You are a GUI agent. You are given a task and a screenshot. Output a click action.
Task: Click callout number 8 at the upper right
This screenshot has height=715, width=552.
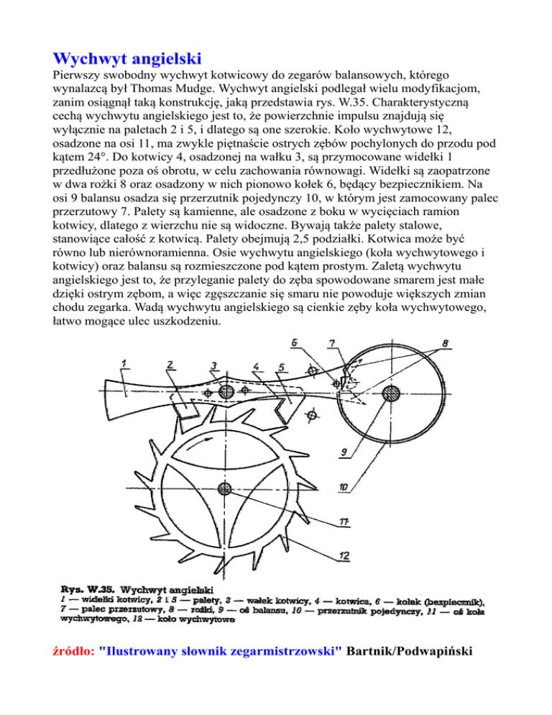tap(447, 345)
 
